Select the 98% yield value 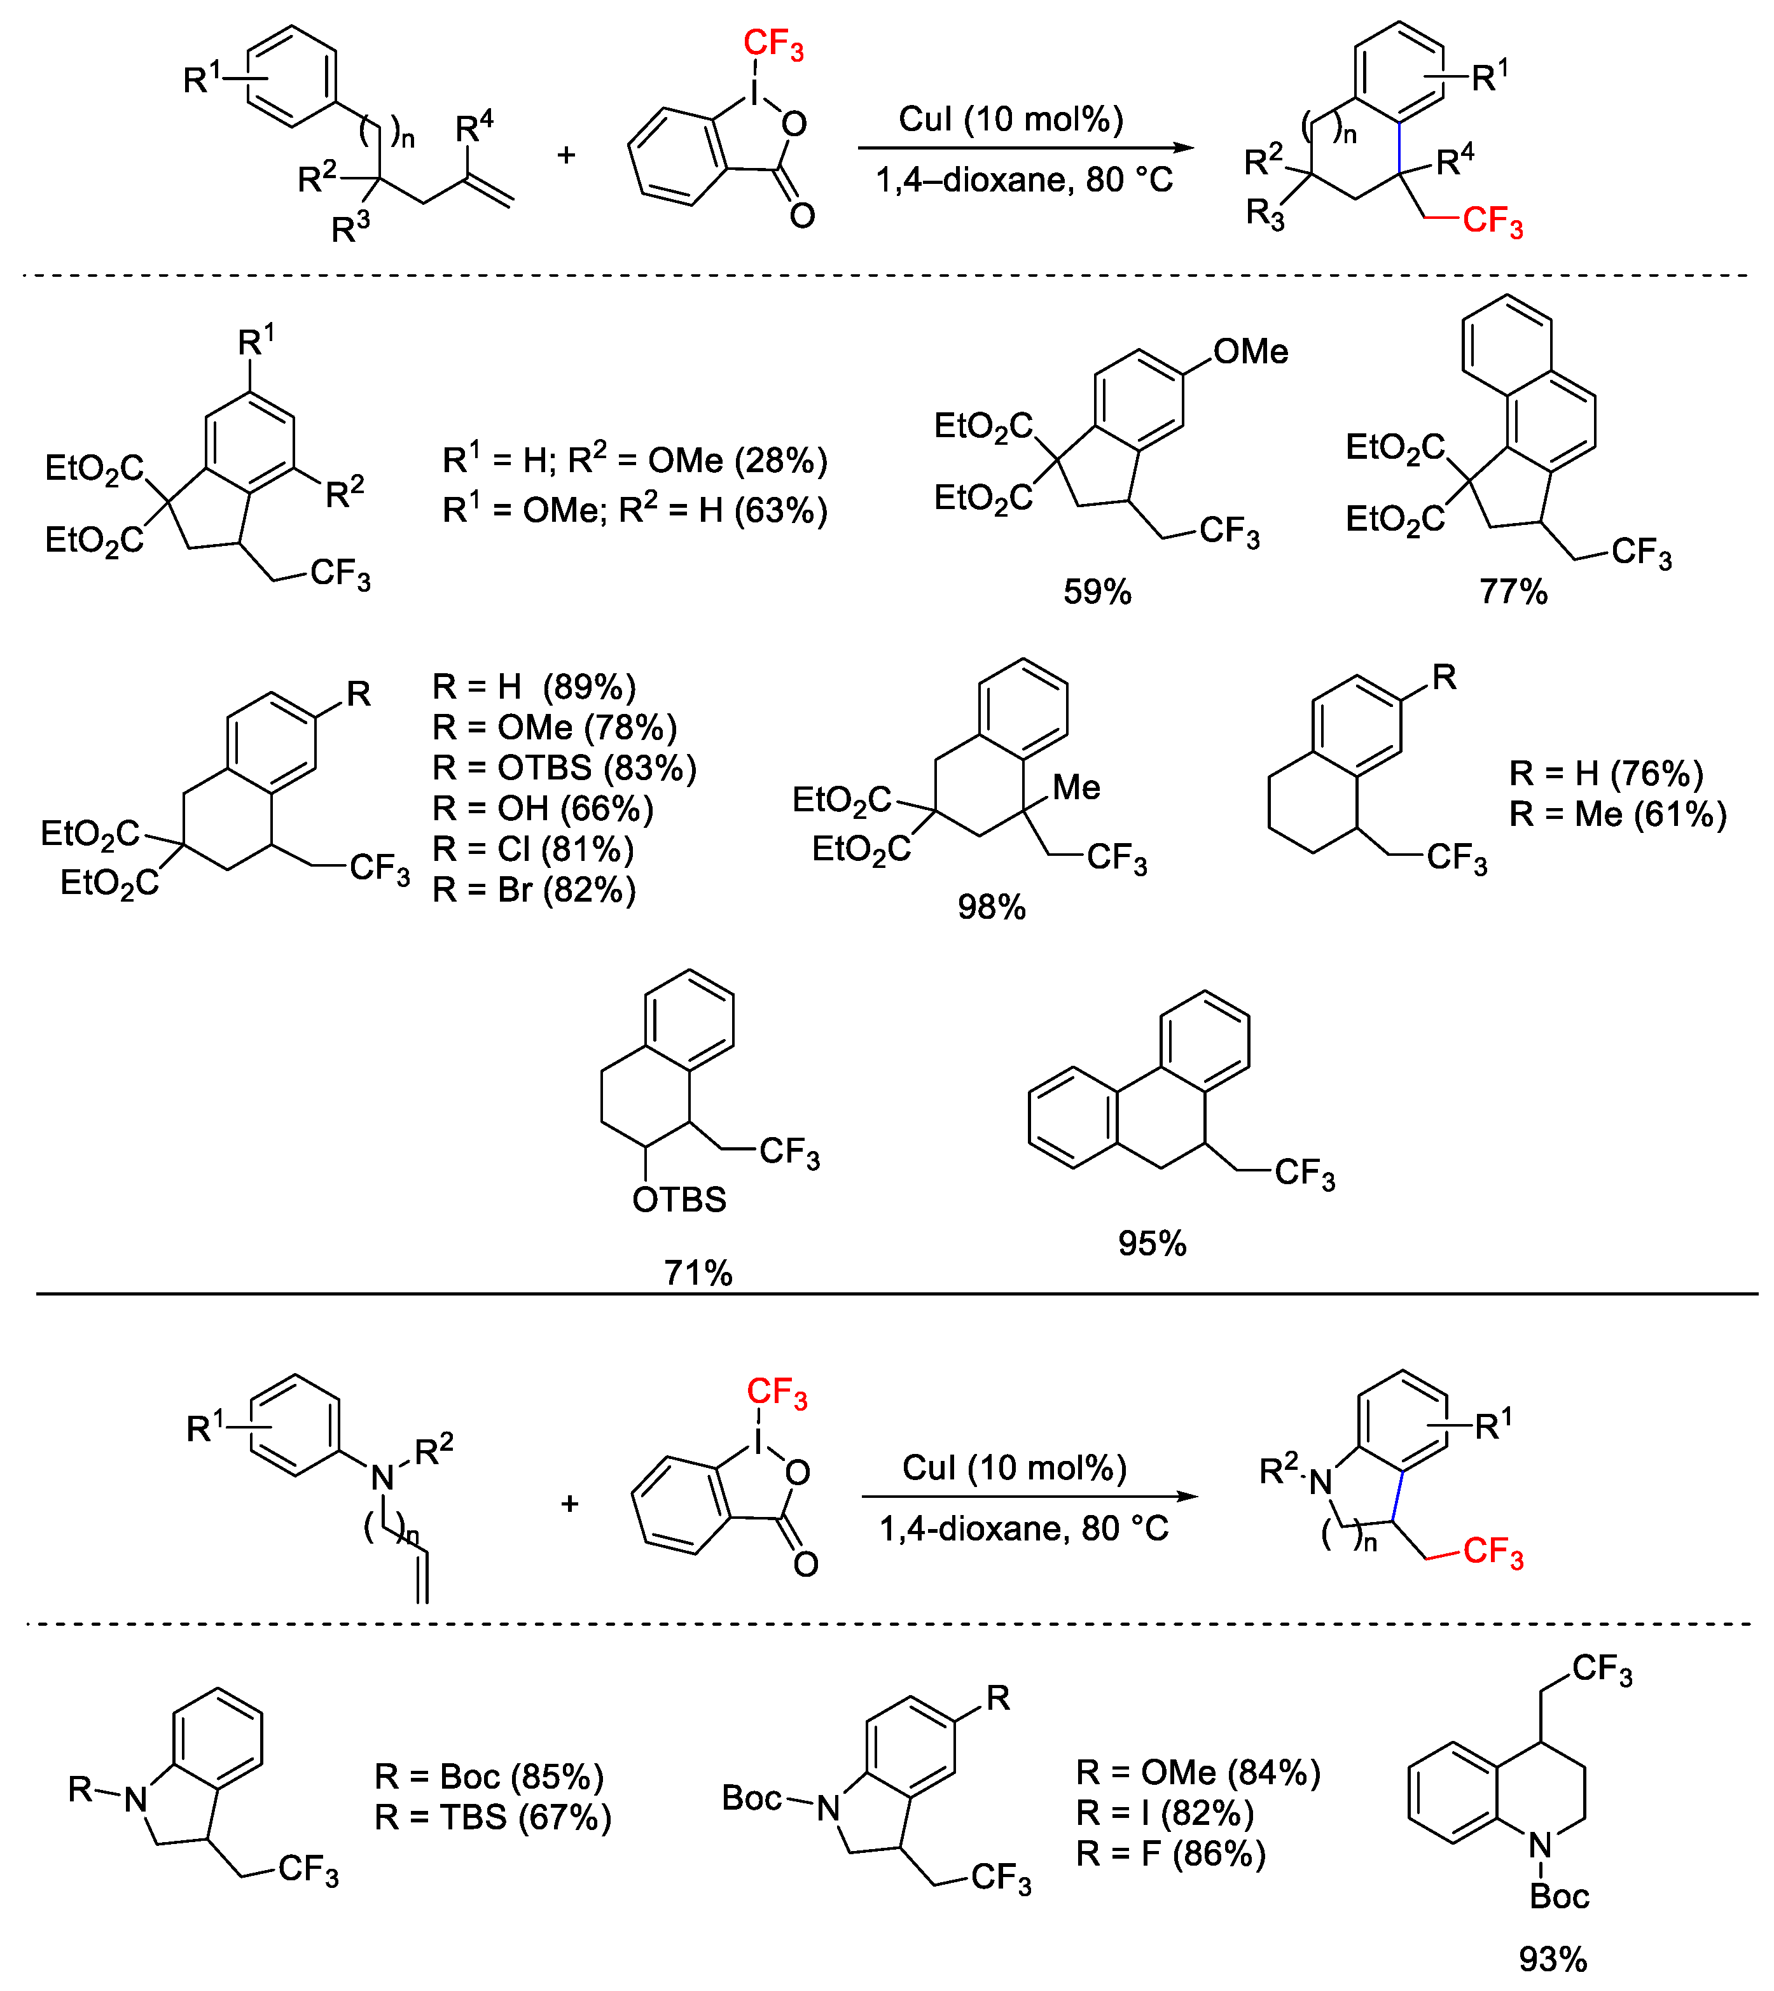pos(991,908)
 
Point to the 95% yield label pos(1152,1244)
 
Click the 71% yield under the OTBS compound pos(698,1273)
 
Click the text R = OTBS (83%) pos(564,768)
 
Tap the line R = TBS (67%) pos(493,1817)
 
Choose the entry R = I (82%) pos(1165,1813)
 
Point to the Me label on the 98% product pos(1076,788)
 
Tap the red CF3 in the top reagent pos(773,44)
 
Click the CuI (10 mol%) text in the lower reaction pos(1014,1467)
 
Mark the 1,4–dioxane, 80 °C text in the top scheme pos(1023,180)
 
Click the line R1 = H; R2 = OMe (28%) pos(635,460)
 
